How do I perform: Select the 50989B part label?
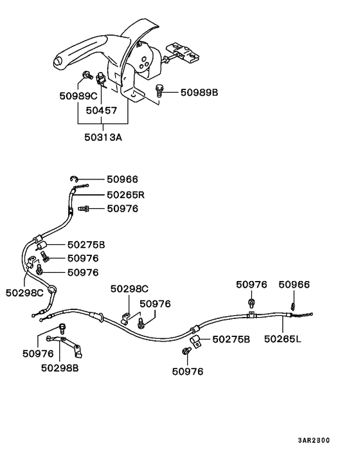[199, 93]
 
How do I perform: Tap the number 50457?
[102, 111]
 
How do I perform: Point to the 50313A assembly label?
[103, 136]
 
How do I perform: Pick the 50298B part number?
[60, 368]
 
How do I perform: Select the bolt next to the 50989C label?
[85, 77]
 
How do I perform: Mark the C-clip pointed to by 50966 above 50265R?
[74, 179]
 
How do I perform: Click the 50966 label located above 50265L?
[294, 284]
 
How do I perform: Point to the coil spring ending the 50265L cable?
[302, 314]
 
